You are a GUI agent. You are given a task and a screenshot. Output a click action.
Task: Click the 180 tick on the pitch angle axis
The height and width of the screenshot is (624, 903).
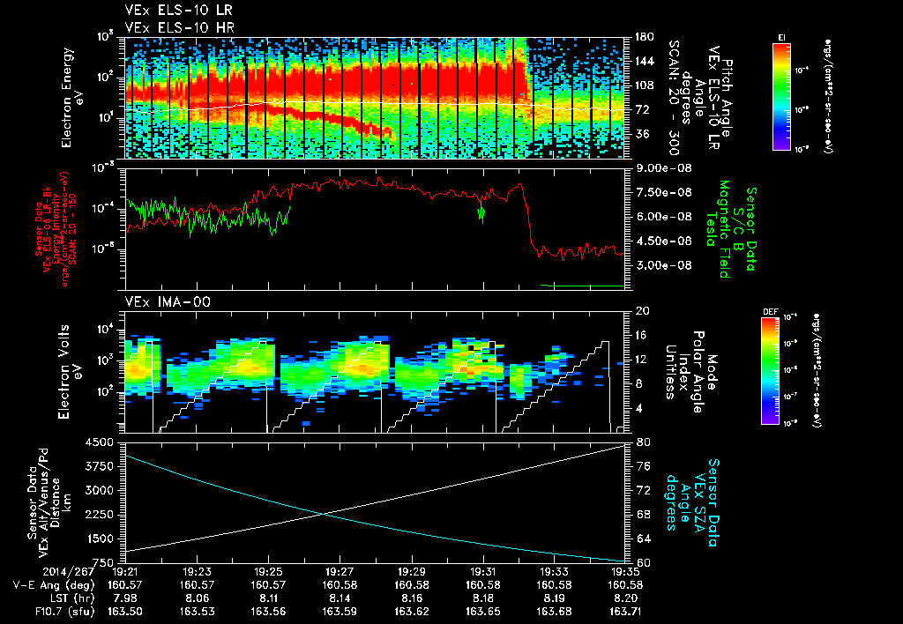(x=643, y=37)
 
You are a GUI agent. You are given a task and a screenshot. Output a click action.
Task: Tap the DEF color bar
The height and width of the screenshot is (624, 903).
(x=780, y=369)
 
